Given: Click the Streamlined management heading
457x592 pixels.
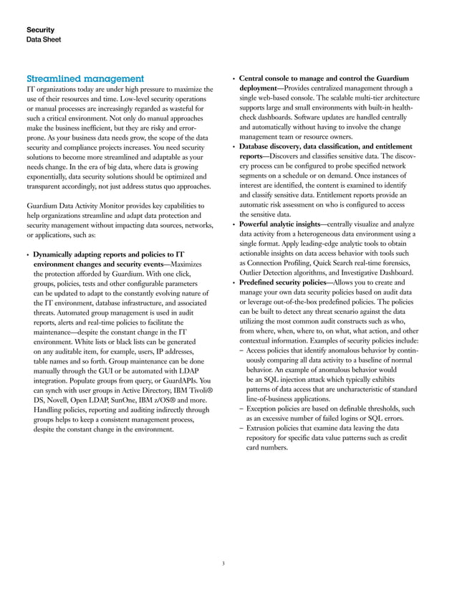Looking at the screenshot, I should coord(85,77).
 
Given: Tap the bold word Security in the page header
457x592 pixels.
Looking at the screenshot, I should coord(41,29).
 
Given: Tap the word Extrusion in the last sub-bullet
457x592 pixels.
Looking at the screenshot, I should coord(264,427).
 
